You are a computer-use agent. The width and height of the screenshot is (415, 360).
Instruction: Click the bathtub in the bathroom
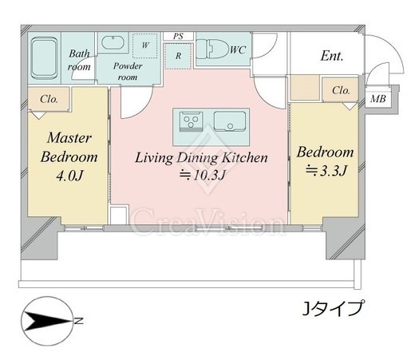click(x=44, y=58)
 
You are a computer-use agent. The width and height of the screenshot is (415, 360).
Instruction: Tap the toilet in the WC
click(x=212, y=49)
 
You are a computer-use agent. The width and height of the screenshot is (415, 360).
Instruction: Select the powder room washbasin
click(x=113, y=43)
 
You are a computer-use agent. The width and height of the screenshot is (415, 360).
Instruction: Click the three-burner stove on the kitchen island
click(x=191, y=121)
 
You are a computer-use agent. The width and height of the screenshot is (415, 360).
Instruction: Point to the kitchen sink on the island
click(x=230, y=121)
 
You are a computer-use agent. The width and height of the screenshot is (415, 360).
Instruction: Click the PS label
click(x=178, y=36)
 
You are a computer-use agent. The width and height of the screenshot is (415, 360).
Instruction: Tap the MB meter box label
click(x=378, y=99)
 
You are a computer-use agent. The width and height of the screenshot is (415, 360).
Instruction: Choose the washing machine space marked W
click(x=145, y=45)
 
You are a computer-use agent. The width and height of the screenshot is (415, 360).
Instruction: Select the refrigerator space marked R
click(x=178, y=56)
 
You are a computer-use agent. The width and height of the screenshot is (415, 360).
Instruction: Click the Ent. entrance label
click(x=332, y=56)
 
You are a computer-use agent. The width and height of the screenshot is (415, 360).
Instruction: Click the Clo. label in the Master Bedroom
click(x=49, y=99)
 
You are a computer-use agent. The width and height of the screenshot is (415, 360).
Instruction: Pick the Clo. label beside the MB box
click(x=341, y=90)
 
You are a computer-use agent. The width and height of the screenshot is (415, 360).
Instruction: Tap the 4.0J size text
click(x=69, y=176)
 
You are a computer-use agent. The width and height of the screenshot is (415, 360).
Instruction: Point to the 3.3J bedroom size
click(x=326, y=171)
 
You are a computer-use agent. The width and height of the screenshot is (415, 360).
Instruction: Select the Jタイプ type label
click(x=333, y=309)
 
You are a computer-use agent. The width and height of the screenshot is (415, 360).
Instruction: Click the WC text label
click(x=238, y=49)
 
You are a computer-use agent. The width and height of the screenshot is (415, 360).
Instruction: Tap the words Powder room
click(x=128, y=71)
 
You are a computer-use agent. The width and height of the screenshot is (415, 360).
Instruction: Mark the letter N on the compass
click(x=78, y=321)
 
